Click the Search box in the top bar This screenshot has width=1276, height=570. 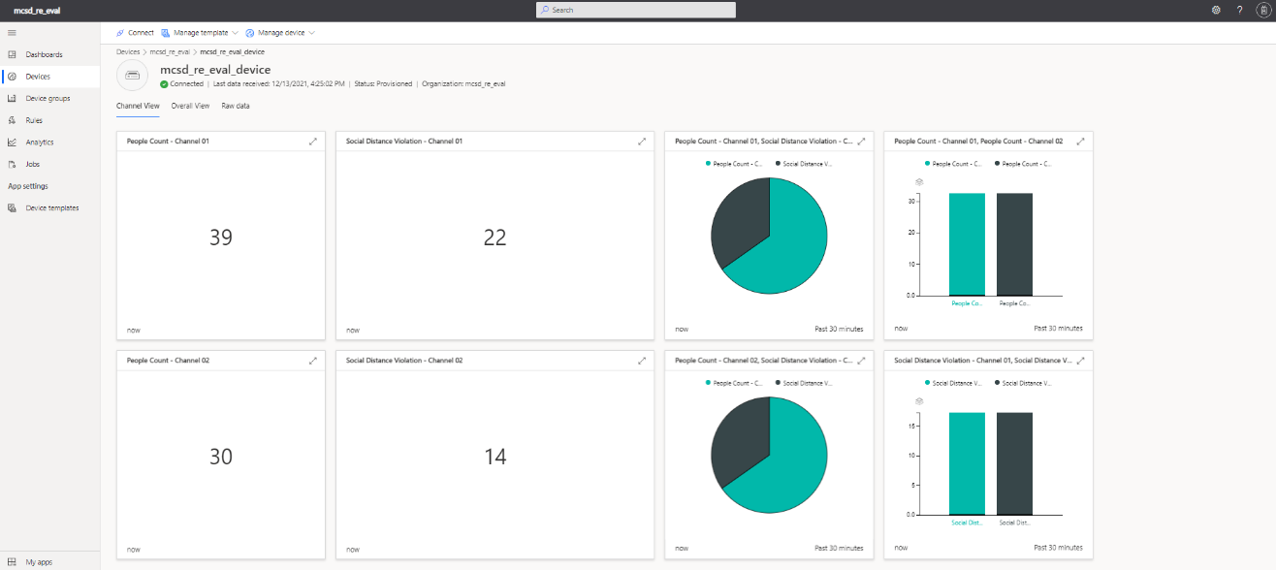click(636, 10)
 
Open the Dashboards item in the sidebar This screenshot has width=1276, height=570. click(44, 54)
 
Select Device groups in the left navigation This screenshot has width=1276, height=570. click(48, 98)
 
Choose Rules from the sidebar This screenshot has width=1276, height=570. click(34, 120)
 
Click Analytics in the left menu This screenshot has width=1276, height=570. click(40, 142)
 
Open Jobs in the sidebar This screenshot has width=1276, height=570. click(33, 164)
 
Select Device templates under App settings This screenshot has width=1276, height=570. click(52, 208)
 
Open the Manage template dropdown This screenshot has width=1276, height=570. click(200, 33)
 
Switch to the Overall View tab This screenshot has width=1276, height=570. click(190, 106)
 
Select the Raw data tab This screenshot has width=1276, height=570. click(236, 106)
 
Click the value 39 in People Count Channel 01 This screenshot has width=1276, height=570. click(221, 237)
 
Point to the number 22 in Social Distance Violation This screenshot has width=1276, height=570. click(494, 237)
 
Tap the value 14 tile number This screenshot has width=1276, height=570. click(494, 457)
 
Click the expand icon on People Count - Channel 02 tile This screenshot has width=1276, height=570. click(312, 361)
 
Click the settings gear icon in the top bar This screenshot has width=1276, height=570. click(1216, 10)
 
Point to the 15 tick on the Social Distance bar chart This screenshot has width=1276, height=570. click(912, 426)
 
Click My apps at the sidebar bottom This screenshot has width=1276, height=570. click(39, 561)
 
